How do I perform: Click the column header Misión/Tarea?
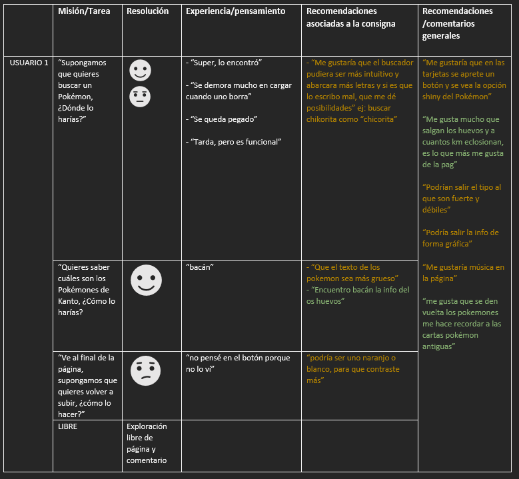tap(84, 11)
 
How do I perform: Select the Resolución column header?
tap(147, 11)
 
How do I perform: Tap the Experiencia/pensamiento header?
tap(235, 11)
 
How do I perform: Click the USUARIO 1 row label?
tap(29, 63)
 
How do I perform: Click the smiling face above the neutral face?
tap(140, 70)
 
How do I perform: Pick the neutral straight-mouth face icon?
tap(140, 97)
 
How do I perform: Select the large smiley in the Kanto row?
tap(146, 280)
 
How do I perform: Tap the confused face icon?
tap(145, 370)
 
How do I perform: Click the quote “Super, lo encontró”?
tap(223, 63)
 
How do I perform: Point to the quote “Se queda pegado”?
tap(221, 119)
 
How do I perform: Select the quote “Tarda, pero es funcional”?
tap(233, 142)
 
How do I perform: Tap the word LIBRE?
tap(68, 426)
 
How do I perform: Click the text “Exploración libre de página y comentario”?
tap(147, 443)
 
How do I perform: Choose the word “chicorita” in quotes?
tap(378, 119)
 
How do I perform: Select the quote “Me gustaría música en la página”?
tap(463, 272)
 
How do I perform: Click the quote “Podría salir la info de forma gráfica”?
tap(460, 238)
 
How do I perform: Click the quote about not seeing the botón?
tap(238, 363)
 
